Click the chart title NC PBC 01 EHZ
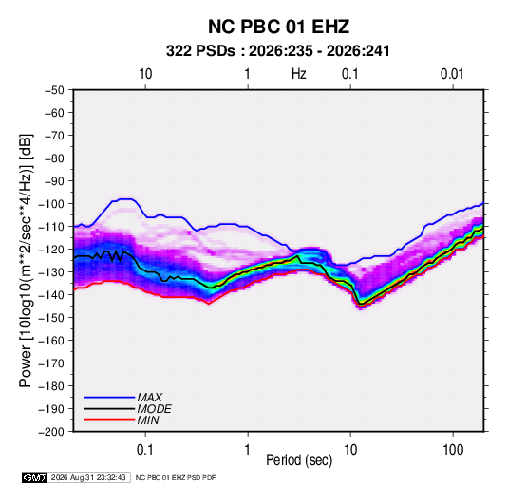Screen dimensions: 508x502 pos(278,27)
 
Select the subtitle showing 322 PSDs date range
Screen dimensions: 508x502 pos(277,51)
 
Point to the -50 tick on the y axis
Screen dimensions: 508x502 pos(54,90)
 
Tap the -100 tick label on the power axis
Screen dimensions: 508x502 pos(51,204)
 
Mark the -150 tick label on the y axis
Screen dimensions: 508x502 pos(51,318)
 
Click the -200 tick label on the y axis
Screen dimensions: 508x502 pos(51,432)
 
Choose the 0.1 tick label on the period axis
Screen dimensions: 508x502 pos(145,450)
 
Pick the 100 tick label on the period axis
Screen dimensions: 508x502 pos(453,450)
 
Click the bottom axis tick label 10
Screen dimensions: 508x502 pos(350,450)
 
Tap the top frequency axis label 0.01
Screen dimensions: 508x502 pos(452,74)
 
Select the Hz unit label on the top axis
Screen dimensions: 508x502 pos(299,74)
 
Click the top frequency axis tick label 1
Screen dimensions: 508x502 pos(247,74)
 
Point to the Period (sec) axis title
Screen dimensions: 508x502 pos(299,460)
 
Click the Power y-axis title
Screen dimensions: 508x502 pos(26,260)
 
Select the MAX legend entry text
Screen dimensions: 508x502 pos(150,398)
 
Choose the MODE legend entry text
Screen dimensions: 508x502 pos(154,409)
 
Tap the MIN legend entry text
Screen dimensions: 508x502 pos(148,420)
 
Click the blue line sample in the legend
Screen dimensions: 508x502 pos(109,398)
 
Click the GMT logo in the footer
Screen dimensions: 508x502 pos(35,477)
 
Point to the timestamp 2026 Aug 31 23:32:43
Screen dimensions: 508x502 pos(88,477)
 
